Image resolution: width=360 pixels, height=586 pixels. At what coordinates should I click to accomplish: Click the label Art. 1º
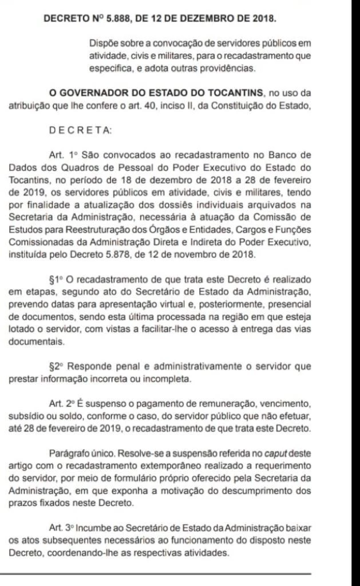coord(67,155)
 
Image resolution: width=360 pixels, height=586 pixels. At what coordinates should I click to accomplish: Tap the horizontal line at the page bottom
coord(155,573)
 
